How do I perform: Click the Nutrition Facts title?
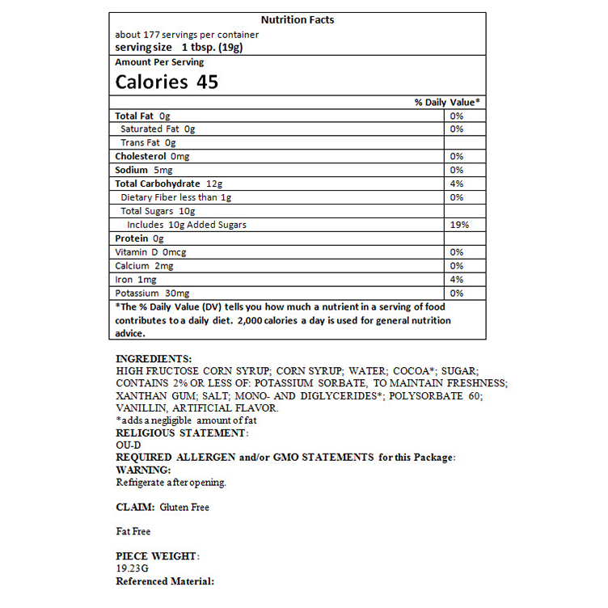pos(298,20)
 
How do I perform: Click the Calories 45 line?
pos(167,82)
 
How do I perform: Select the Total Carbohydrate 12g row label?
pos(168,184)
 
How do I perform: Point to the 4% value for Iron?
pos(457,280)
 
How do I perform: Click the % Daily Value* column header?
pos(447,102)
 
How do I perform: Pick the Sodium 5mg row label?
pos(144,170)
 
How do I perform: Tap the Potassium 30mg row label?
pos(152,293)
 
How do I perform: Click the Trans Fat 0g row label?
pos(148,143)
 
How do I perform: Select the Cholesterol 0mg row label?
pos(152,156)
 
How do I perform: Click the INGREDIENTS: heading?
pos(154,358)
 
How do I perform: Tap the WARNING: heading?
pos(143,470)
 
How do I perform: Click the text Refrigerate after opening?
pos(171,483)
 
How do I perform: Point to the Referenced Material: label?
pos(165,581)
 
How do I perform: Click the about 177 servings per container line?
pos(187,35)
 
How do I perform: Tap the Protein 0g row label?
pos(139,239)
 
